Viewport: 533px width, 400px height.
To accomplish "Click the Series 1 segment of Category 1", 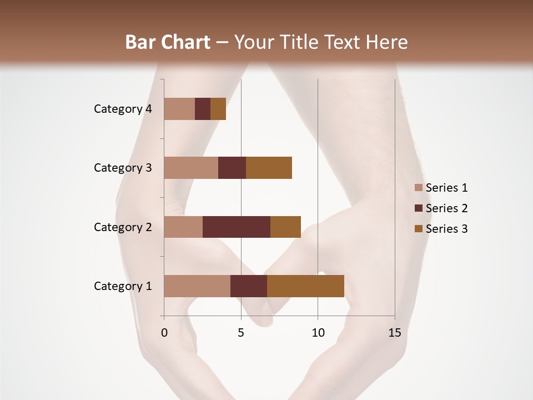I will point(197,286).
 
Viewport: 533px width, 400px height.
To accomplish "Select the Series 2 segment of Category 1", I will point(249,286).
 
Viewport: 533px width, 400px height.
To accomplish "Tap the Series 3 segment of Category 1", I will point(305,286).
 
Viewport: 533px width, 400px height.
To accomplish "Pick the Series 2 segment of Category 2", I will point(237,227).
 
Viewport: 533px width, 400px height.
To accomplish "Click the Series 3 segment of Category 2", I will point(285,227).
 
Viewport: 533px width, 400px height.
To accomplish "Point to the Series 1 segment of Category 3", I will point(191,168).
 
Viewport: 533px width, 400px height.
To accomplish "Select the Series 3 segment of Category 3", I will point(269,168).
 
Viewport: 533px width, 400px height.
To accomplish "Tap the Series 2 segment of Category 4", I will point(203,109).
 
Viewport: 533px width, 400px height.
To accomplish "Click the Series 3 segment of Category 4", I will point(218,109).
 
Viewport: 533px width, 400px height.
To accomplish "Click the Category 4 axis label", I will point(123,109).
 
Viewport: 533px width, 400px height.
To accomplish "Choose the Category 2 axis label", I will point(123,227).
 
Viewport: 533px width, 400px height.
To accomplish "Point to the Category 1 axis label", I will point(123,286).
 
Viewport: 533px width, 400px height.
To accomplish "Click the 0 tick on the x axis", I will point(164,333).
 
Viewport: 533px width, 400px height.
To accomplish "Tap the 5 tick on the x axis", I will point(241,333).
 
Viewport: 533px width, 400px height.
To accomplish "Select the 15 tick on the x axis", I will point(395,333).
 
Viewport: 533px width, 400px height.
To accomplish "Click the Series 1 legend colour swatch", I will point(419,188).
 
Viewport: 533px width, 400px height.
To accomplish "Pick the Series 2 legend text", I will point(446,208).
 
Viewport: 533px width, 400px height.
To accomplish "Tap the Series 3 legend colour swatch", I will point(419,229).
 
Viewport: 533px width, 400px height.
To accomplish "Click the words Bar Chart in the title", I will point(168,42).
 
